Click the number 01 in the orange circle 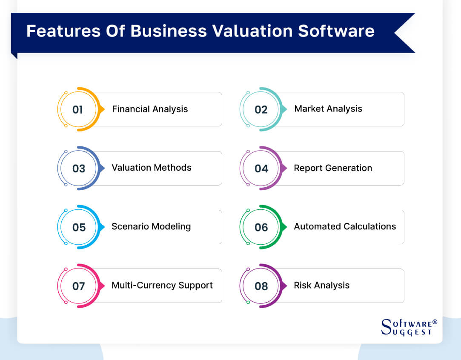[77, 109]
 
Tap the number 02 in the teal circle [261, 109]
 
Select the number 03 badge [79, 169]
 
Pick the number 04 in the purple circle [261, 169]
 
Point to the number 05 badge [79, 227]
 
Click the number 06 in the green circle [261, 227]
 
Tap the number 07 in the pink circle [79, 286]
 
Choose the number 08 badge [261, 286]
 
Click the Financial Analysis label [150, 109]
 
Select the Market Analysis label [328, 109]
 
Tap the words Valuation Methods [151, 168]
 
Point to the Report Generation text [332, 168]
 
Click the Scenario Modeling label [151, 226]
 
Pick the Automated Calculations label [345, 226]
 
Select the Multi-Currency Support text [162, 285]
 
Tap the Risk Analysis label [321, 285]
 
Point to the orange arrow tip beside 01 [103, 109]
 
